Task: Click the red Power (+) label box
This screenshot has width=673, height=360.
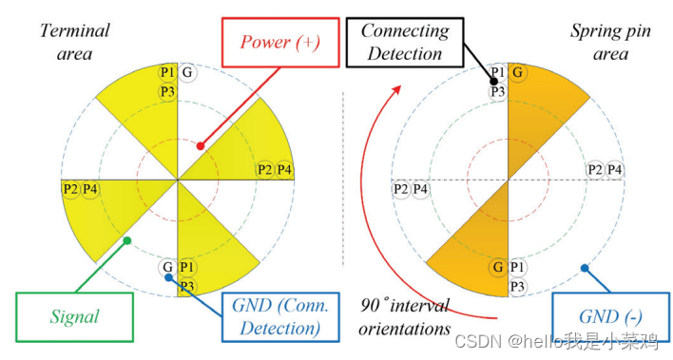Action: coord(280,43)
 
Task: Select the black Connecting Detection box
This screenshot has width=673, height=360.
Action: coord(405,43)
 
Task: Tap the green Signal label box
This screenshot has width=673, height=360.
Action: coord(74,317)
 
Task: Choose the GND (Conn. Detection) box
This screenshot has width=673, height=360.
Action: coord(280,317)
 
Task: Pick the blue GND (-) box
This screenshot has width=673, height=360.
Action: coord(610,317)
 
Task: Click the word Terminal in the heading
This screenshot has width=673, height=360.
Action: coord(75,31)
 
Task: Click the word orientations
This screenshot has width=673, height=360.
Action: coord(405,329)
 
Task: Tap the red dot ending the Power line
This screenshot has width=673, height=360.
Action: coord(201,146)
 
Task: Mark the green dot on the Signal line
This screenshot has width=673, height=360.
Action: coord(126,240)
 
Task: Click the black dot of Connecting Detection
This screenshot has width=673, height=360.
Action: coord(494,81)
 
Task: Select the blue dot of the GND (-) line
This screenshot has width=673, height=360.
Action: coord(585,268)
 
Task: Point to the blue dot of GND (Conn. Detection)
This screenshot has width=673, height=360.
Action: coord(168,277)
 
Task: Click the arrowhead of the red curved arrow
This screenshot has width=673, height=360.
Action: coord(397,89)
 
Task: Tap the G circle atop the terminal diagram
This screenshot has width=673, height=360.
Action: coord(187,72)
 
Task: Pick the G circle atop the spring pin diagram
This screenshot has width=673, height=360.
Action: coord(518,72)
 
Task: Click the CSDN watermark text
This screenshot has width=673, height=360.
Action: coord(556,342)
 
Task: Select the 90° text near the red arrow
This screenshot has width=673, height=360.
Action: coord(375,306)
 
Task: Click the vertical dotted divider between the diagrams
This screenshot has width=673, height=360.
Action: coord(343,179)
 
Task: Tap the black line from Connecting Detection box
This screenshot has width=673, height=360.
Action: coord(478,62)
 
